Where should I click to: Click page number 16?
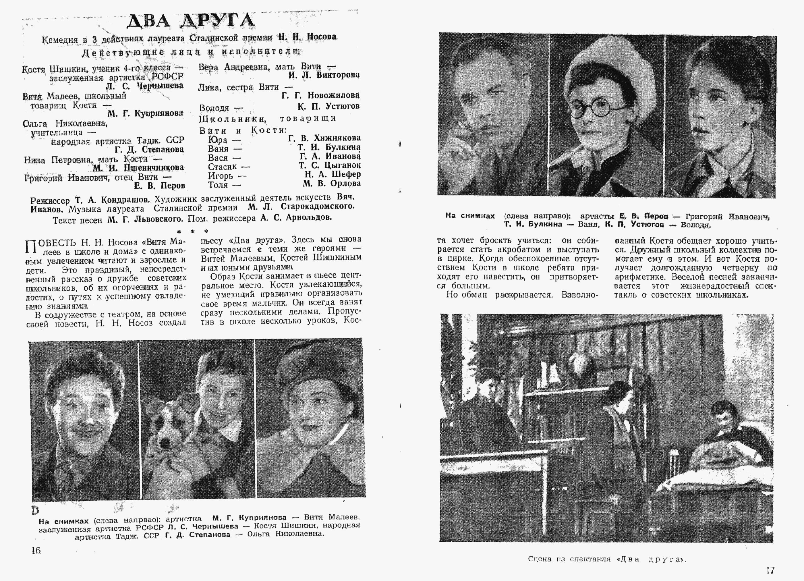coord(36,550)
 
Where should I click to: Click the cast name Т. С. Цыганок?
coord(329,165)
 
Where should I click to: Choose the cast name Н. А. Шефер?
coord(332,174)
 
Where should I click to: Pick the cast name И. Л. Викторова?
coord(324,75)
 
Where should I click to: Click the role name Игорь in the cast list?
coord(221,176)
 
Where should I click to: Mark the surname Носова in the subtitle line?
coord(322,37)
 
